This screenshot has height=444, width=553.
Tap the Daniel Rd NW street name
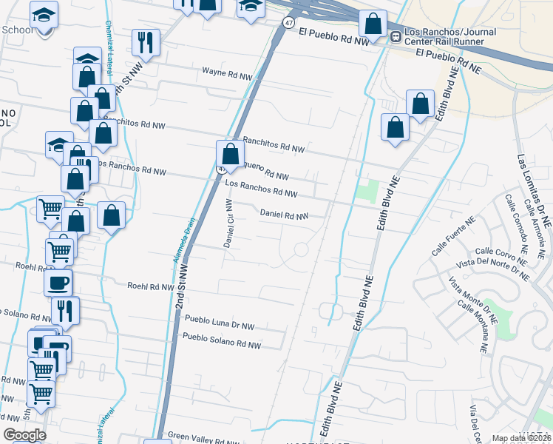coord(284,215)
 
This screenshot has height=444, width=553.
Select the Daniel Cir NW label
coord(228,223)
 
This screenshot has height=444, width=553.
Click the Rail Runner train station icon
coord(396,35)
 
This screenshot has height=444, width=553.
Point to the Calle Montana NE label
coord(474,326)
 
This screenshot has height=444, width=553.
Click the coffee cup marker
coord(58,282)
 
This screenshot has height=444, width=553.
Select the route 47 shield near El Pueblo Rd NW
coord(286,24)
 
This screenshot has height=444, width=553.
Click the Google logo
coord(24,435)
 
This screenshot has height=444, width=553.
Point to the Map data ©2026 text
coord(521,438)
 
